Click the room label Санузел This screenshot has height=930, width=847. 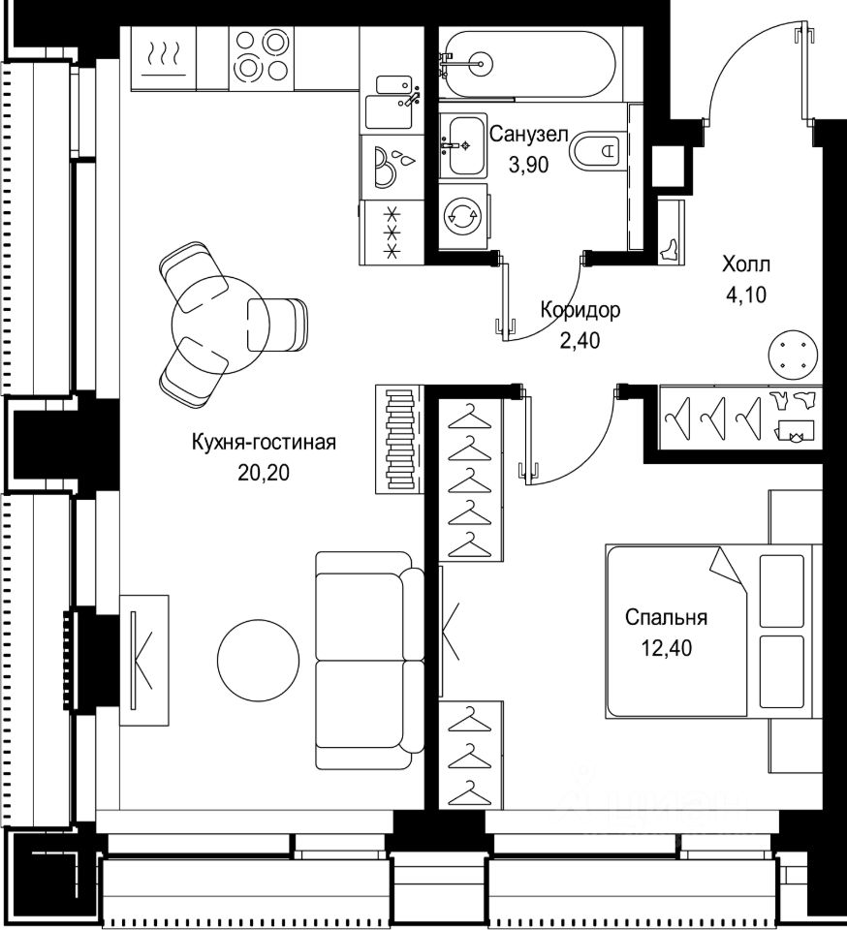pos(528,134)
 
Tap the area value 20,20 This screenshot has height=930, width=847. pos(264,473)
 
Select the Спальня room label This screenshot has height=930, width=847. pos(666,617)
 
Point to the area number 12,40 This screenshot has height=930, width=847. pos(666,648)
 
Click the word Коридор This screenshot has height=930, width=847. pos(580,310)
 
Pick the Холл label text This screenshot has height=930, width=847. pos(745,263)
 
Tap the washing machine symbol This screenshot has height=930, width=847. pos(463,217)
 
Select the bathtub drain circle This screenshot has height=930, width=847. pos(481,61)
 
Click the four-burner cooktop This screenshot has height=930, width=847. pos(262,57)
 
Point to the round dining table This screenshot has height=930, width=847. pos(221,325)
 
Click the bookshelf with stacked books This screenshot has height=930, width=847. pos(400,440)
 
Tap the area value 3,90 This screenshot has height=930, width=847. pos(528,165)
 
